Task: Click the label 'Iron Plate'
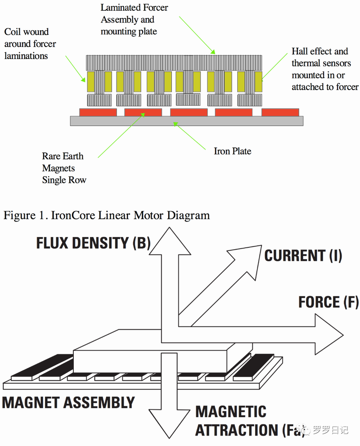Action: [x=232, y=151]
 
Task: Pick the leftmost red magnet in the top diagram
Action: [x=98, y=112]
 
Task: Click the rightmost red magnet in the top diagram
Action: [x=280, y=112]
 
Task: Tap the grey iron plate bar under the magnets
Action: [x=187, y=121]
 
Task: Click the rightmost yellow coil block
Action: [x=258, y=81]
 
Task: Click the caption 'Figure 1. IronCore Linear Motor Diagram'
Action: [x=107, y=215]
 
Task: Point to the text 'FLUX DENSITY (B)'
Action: [x=93, y=243]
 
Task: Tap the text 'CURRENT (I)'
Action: [x=303, y=256]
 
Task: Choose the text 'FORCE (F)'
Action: [x=328, y=302]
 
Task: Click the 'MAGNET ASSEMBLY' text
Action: [x=69, y=402]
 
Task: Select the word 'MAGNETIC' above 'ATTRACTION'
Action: [x=230, y=411]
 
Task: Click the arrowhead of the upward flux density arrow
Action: [x=167, y=239]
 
